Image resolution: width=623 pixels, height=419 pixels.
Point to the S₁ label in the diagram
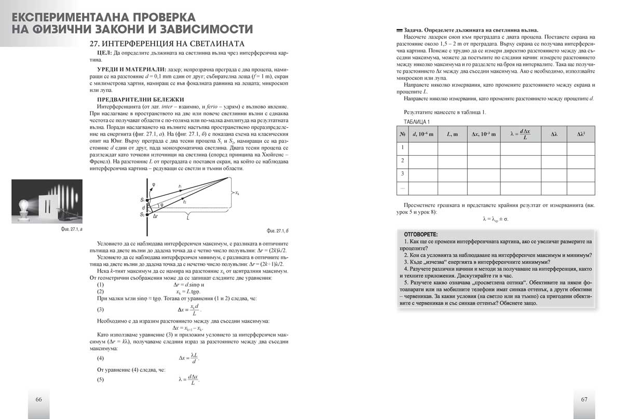(142, 199)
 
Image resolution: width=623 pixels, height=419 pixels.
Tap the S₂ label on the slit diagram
(142, 214)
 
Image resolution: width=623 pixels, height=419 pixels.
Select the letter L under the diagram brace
(187, 219)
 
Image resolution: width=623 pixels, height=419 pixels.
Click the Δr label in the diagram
(156, 214)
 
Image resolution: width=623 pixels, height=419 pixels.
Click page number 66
(38, 399)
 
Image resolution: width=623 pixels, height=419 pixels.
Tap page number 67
(584, 399)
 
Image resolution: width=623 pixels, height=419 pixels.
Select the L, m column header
(452, 134)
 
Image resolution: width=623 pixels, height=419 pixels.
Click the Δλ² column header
(581, 134)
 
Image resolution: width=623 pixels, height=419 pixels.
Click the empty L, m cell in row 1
(452, 148)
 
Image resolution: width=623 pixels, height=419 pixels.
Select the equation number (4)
(101, 358)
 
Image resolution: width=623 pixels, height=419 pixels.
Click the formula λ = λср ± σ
(495, 219)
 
